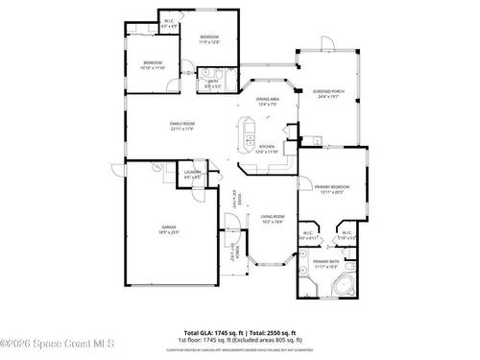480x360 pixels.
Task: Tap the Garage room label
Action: tap(168, 228)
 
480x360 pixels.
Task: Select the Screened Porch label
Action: tap(329, 94)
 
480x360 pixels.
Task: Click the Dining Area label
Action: tap(267, 101)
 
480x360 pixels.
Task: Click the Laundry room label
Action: tap(192, 176)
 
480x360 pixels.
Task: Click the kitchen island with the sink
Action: tap(247, 129)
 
